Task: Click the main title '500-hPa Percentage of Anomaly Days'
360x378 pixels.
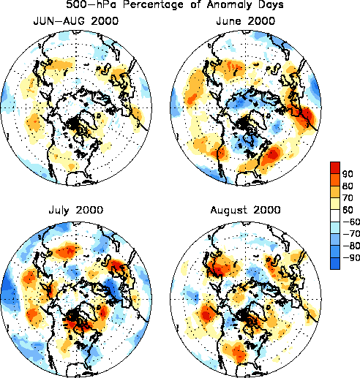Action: point(175,4)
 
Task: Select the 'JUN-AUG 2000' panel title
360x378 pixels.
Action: point(76,21)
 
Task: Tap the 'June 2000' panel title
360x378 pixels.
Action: point(246,21)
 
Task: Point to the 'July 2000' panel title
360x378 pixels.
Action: point(76,210)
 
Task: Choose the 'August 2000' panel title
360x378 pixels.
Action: point(246,210)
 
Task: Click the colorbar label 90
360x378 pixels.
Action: point(348,174)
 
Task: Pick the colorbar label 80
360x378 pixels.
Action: point(348,186)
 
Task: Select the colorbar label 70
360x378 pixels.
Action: point(348,197)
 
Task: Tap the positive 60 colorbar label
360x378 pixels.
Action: point(348,210)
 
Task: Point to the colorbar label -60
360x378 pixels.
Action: point(351,222)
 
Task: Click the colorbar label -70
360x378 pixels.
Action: point(351,234)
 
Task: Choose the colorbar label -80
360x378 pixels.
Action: point(351,246)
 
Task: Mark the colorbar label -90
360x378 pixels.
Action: point(351,257)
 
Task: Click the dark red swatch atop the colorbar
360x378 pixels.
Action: point(335,167)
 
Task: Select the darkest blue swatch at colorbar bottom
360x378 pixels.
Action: point(335,263)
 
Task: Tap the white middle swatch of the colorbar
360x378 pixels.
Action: point(335,216)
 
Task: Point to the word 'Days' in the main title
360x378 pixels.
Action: point(271,5)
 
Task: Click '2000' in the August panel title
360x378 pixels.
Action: point(267,210)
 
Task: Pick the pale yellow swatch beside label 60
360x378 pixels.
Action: point(335,203)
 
